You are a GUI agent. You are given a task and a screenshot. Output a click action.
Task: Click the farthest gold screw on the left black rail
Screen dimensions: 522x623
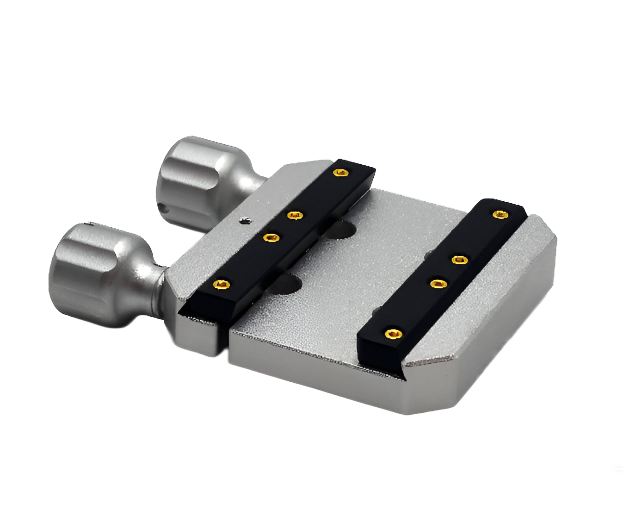pyautogui.click(x=341, y=173)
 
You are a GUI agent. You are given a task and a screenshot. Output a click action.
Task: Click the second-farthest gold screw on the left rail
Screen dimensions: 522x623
pyautogui.click(x=295, y=215)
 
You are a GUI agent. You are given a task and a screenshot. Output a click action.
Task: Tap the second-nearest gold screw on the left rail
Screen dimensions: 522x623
pyautogui.click(x=271, y=237)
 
